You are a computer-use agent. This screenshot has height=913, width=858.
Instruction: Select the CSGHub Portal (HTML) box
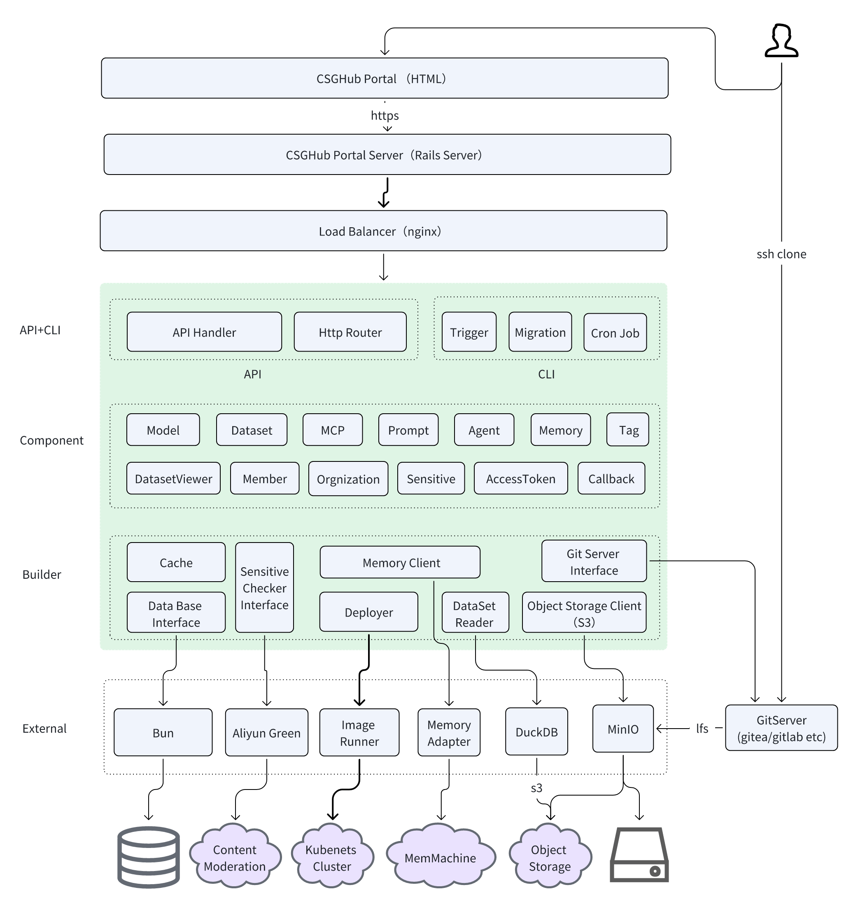coord(385,78)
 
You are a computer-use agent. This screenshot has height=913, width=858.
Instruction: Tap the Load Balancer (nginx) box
coord(383,231)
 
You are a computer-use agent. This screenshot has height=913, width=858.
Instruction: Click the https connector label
coord(385,115)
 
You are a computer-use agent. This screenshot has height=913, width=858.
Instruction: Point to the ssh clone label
coord(781,254)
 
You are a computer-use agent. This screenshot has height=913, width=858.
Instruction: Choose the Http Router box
coord(350,332)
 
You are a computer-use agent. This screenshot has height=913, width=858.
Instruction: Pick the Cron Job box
coord(615,333)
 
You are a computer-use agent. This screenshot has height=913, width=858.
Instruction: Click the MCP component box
coord(332,430)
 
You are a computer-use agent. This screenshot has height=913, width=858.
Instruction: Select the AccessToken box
coord(520,479)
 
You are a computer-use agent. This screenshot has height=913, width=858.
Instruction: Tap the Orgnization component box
coord(348,479)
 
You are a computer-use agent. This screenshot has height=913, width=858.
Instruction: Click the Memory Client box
coord(400,562)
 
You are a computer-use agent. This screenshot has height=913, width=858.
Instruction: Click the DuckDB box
coord(536,731)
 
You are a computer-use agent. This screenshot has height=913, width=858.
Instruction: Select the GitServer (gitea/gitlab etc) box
coord(781,728)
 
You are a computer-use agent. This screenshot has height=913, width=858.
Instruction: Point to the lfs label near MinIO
coord(702,728)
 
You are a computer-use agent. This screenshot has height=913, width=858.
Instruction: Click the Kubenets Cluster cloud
coord(331,857)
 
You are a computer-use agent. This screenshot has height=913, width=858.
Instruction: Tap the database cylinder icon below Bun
coord(148,857)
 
